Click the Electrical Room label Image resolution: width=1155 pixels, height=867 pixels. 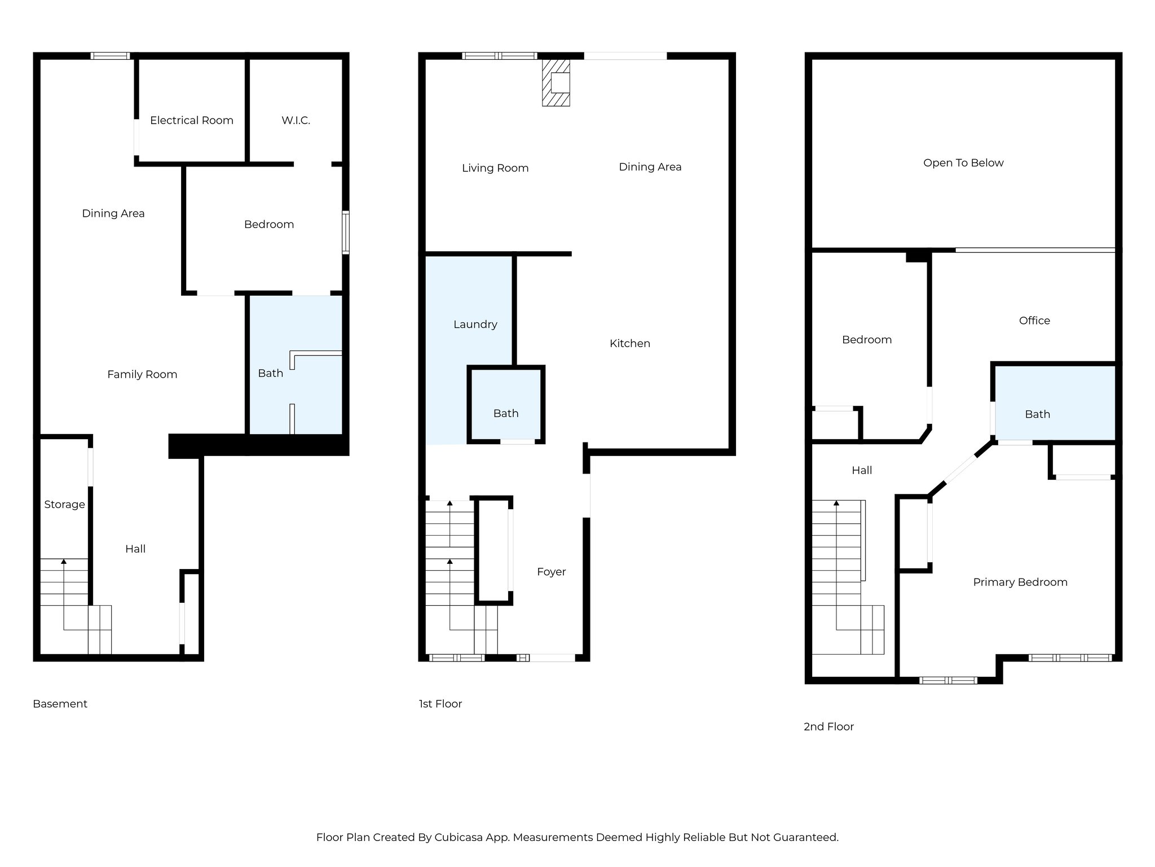pos(191,120)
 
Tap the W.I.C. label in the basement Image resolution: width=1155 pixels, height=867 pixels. pos(296,120)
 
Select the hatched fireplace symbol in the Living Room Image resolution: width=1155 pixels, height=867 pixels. pos(556,83)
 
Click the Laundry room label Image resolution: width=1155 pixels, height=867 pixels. pos(475,325)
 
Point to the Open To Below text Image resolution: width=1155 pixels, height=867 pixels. pos(963,163)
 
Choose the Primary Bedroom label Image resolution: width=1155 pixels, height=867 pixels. pos(1020,583)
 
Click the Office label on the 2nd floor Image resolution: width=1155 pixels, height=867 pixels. pos(1034,321)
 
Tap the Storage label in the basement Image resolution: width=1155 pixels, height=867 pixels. pos(64,505)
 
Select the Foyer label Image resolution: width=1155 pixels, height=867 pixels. pos(551,572)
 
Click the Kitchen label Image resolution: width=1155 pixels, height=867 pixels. pos(629,343)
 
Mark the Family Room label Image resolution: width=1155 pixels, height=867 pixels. pos(142,374)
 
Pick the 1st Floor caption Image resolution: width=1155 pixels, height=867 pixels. pos(440,704)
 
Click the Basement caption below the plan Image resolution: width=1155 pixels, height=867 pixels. pos(60,704)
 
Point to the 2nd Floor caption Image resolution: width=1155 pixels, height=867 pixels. pos(828,726)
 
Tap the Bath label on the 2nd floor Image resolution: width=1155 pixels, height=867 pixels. pos(1037,414)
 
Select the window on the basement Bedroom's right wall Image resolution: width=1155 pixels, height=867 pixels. pos(346,232)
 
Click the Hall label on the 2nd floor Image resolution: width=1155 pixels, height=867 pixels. pos(862,470)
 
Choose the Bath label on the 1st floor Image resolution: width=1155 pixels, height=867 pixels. pos(505,414)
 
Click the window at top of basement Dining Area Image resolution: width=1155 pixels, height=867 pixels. pos(110,56)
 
